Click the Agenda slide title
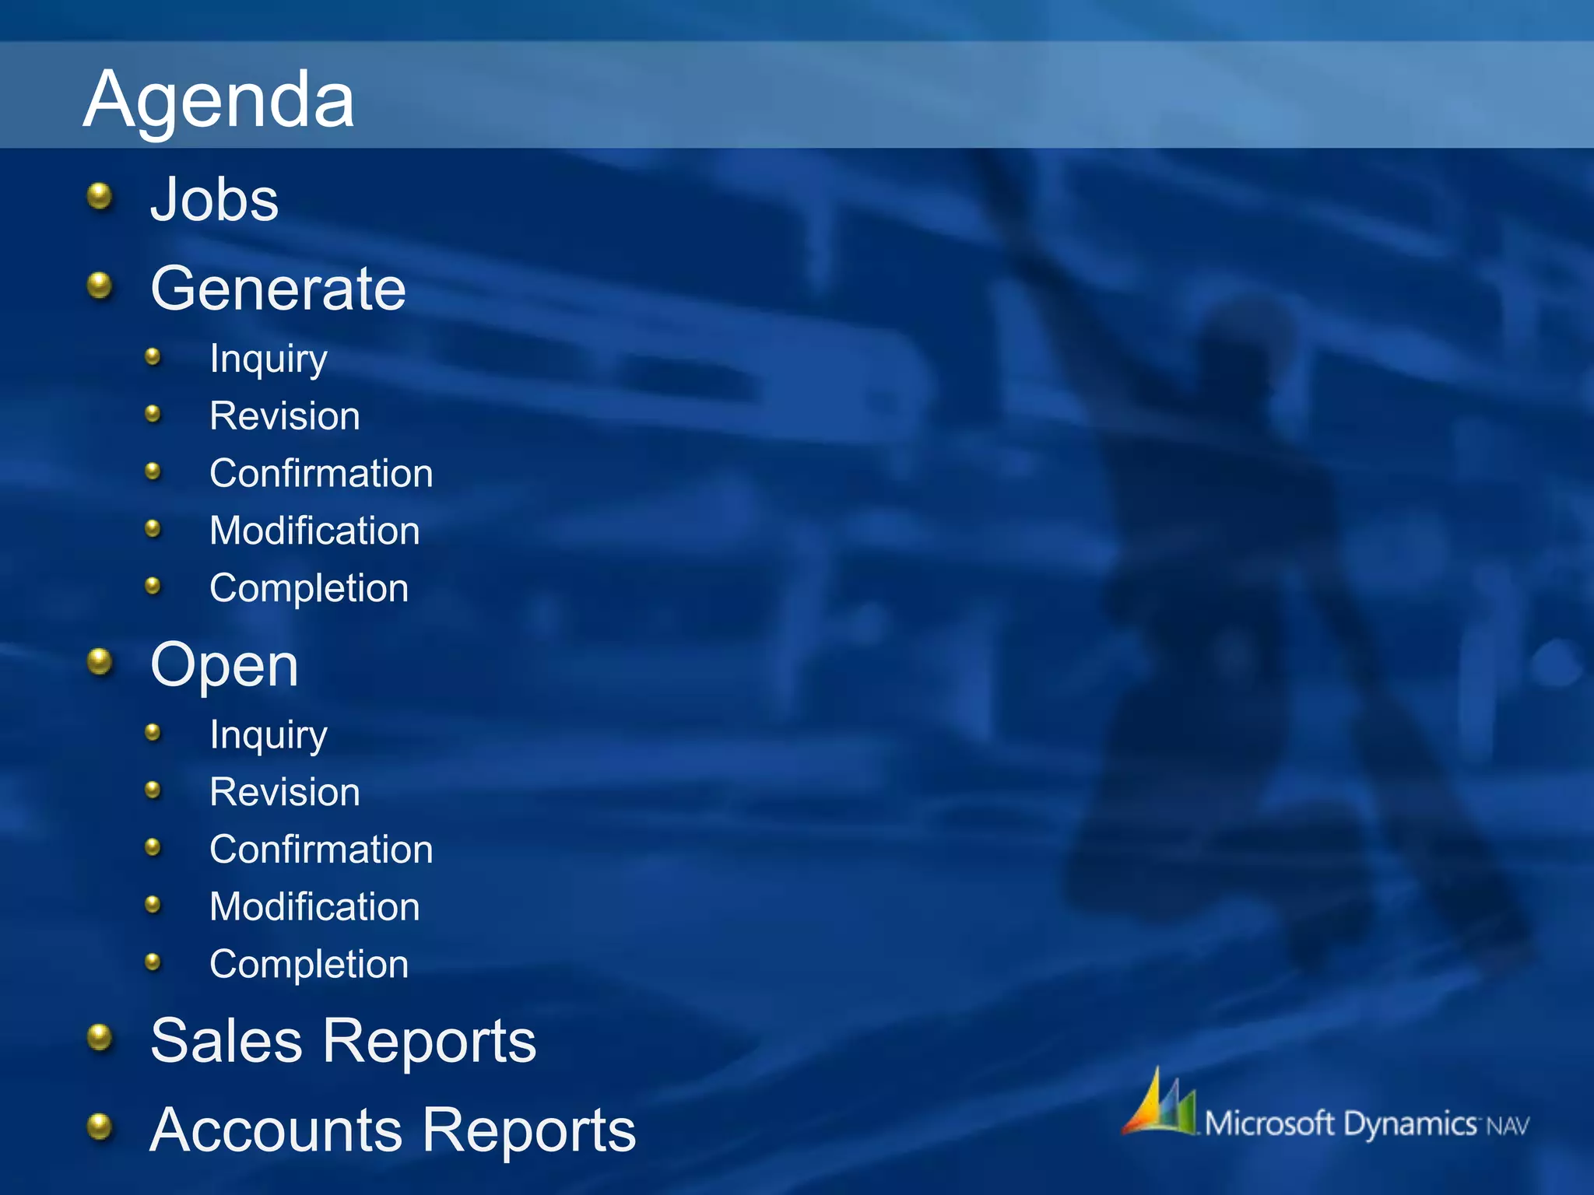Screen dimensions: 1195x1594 219,100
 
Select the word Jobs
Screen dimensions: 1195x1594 214,200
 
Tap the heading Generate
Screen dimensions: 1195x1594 278,289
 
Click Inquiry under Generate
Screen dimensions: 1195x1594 269,359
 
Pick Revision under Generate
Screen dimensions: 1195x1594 285,416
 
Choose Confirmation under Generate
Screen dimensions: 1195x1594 321,474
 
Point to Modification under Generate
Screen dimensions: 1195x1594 314,531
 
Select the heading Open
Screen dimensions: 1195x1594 224,666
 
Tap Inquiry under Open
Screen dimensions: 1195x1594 269,735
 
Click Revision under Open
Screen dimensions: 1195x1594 285,793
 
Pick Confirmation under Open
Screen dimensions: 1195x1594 321,850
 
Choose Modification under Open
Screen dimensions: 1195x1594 314,907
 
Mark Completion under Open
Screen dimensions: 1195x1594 309,965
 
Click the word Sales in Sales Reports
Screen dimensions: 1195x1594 226,1041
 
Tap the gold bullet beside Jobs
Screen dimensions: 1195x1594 100,196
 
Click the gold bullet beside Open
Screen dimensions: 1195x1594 100,662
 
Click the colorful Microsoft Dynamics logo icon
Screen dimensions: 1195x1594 1160,1104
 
